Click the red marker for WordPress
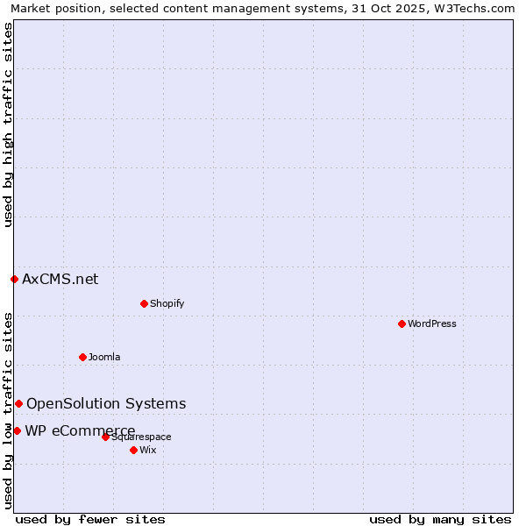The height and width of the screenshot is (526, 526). click(x=402, y=323)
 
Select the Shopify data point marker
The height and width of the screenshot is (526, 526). click(x=144, y=303)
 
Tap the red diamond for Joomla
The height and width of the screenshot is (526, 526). click(x=82, y=357)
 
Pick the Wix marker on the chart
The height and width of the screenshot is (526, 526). click(x=133, y=450)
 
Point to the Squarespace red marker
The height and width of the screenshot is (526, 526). click(x=105, y=437)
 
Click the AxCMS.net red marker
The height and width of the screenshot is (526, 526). click(x=14, y=279)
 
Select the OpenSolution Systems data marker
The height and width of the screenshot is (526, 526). click(x=18, y=403)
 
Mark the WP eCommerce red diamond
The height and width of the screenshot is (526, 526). click(x=17, y=430)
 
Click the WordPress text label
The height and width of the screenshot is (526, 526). click(x=432, y=323)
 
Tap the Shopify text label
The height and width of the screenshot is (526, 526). click(x=167, y=303)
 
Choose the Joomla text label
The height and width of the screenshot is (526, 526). click(x=104, y=357)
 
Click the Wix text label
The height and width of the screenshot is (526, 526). click(x=148, y=450)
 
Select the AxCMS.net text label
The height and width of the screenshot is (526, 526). click(x=60, y=279)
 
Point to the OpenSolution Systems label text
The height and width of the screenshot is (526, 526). click(x=106, y=403)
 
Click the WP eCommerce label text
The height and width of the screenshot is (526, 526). click(x=80, y=430)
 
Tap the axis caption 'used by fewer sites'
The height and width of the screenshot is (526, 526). click(x=90, y=519)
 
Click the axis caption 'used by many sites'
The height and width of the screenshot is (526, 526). click(x=440, y=519)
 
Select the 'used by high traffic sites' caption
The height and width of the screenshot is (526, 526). click(x=8, y=124)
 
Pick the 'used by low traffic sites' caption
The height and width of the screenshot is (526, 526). click(x=8, y=409)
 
